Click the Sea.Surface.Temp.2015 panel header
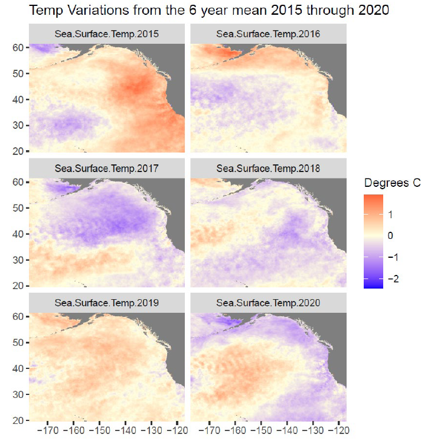pyautogui.click(x=107, y=34)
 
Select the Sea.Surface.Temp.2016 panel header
pyautogui.click(x=269, y=34)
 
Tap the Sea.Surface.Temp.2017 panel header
pyautogui.click(x=107, y=169)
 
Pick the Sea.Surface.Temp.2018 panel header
pyautogui.click(x=269, y=169)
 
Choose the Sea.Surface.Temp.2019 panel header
pyautogui.click(x=107, y=303)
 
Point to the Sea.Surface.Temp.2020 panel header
pyautogui.click(x=269, y=303)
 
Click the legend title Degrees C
pyautogui.click(x=392, y=182)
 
